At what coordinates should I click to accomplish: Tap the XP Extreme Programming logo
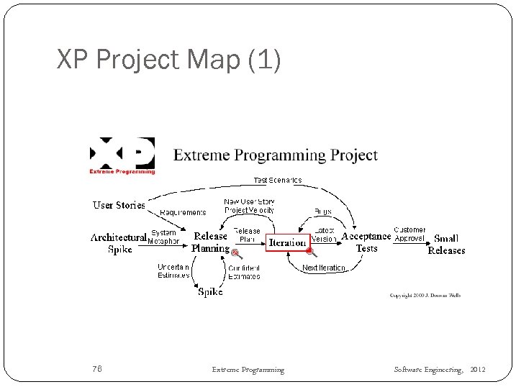coord(122,155)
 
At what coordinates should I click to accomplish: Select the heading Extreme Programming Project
coord(276,155)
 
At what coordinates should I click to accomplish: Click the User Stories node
coord(119,205)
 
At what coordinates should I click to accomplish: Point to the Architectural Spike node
coord(119,243)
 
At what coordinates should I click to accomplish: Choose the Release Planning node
coord(210,242)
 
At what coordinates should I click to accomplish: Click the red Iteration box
coord(287,242)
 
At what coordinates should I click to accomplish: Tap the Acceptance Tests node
coord(366,242)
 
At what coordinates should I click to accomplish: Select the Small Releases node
coord(446,245)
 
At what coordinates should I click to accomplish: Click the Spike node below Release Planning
coord(210,292)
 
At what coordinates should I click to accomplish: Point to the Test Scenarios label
coord(277,180)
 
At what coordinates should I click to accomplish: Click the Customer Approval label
coord(409,235)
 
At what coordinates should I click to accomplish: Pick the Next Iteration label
coord(323,268)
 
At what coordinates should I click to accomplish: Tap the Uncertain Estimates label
coord(173,271)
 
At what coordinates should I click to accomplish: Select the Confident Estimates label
coord(245,272)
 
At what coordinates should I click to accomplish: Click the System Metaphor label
coord(163,237)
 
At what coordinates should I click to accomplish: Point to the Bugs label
coord(322,211)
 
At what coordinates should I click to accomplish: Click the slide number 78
coord(97,369)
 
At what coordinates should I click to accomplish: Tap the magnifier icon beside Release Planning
coord(236,252)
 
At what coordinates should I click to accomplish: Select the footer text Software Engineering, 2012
coord(440,369)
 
